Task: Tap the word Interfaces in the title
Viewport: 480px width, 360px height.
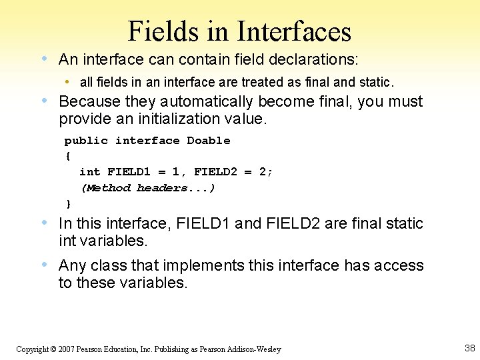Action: tap(294, 31)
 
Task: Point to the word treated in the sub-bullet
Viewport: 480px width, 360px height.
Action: tap(259, 82)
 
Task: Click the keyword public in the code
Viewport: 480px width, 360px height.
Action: tap(86, 141)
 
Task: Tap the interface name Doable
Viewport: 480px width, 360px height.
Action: tap(209, 141)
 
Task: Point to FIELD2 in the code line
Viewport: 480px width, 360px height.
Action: tap(215, 172)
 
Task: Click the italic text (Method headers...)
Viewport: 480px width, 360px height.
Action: tap(147, 188)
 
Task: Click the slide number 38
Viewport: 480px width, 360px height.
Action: tap(469, 348)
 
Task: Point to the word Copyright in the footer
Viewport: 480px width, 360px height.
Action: tap(32, 349)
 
